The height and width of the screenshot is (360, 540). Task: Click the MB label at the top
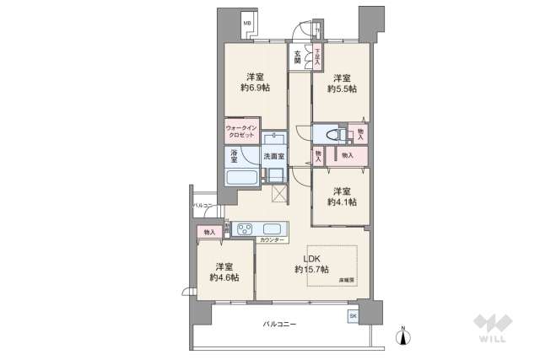248,24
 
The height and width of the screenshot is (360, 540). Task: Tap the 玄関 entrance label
297,56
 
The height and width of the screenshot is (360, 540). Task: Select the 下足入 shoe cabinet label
318,57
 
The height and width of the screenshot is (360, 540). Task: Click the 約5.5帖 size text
342,88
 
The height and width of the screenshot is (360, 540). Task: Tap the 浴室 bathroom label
233,156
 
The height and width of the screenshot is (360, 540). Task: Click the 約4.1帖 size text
342,201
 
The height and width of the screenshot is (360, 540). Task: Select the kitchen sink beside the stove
274,228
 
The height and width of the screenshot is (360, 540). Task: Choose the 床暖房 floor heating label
346,279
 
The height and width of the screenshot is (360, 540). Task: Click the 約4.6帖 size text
224,277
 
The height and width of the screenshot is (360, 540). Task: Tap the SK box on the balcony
352,315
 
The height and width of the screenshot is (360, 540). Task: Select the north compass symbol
403,336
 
